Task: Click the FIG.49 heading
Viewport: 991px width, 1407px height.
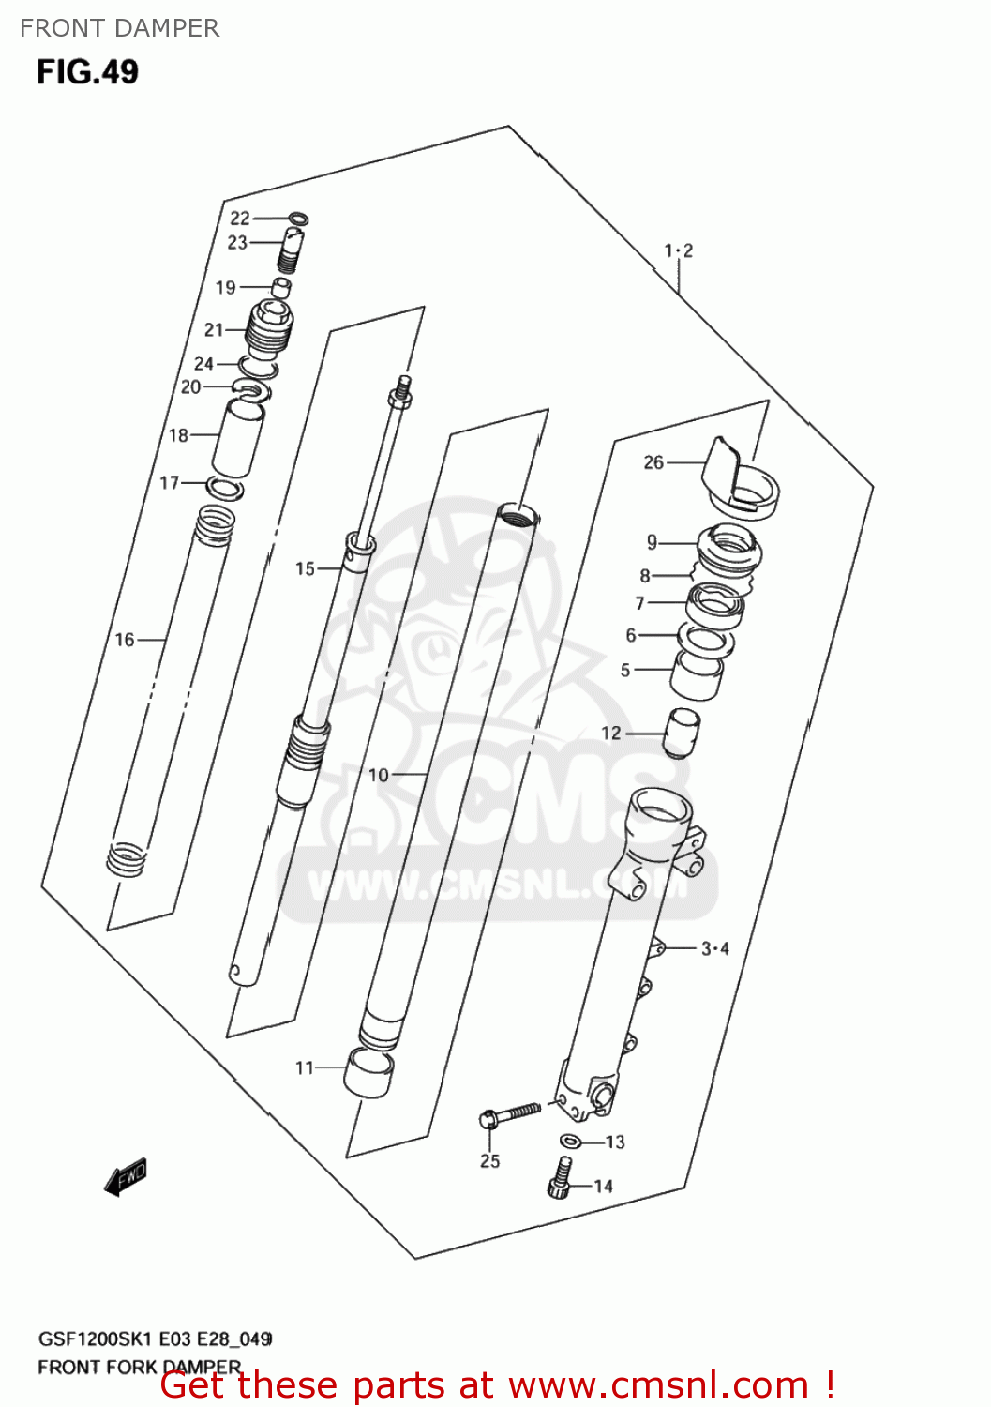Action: pos(87,71)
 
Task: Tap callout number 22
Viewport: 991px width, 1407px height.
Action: pos(240,219)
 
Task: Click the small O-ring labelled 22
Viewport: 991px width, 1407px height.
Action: pos(297,220)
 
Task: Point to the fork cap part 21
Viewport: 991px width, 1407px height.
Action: pos(269,330)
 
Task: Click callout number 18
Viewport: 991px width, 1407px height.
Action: pos(178,435)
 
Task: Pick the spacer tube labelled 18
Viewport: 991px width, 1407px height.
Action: pos(238,436)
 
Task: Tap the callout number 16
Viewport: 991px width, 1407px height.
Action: pos(125,640)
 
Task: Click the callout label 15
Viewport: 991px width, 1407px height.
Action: pos(306,568)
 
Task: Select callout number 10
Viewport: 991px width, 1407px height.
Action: pos(378,775)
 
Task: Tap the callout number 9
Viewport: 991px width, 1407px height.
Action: pos(652,542)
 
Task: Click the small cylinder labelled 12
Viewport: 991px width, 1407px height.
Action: pos(682,732)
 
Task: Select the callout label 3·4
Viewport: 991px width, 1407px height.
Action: pos(715,948)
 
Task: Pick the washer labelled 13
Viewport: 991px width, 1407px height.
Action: pos(570,1142)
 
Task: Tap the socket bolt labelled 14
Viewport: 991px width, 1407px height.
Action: pos(560,1178)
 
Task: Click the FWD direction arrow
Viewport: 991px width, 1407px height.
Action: pos(126,1176)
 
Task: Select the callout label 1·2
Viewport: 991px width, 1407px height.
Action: pos(679,250)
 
